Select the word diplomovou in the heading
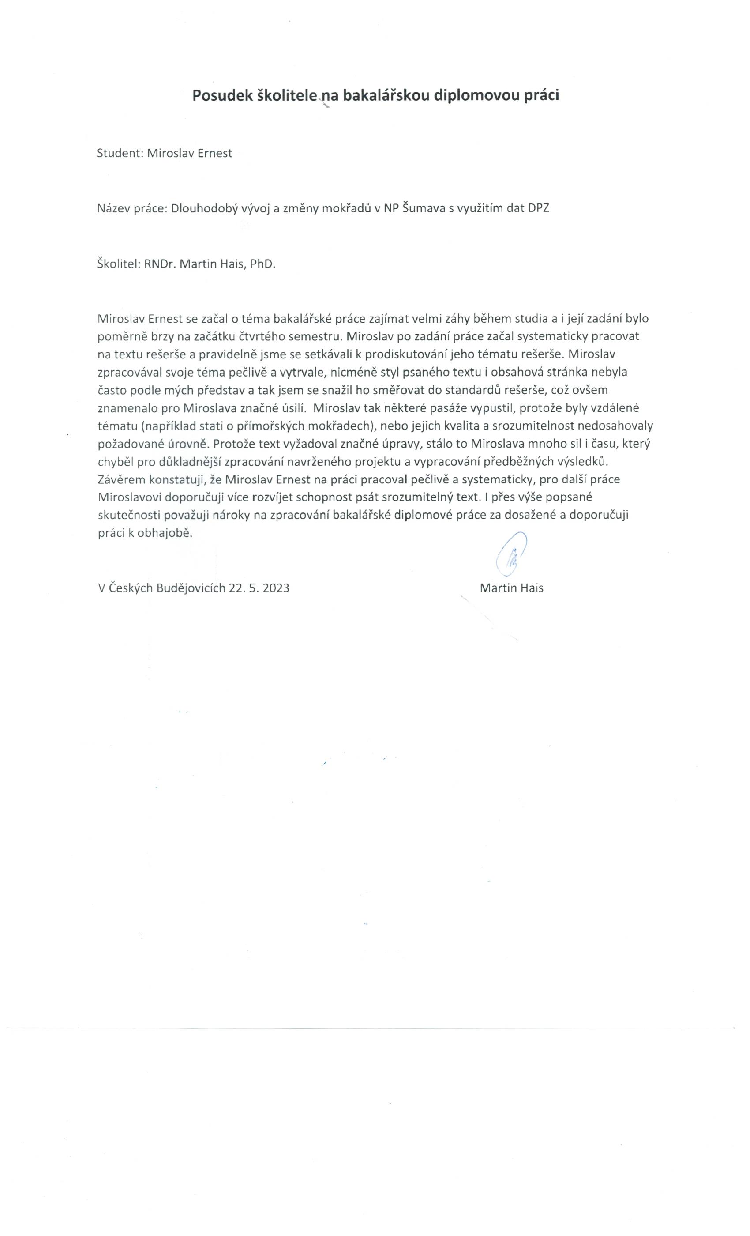477,95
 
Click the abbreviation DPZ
538,208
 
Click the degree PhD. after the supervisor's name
262,264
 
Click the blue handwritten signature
510,553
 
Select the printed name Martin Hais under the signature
511,588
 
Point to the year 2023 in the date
276,588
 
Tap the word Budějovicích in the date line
191,588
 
